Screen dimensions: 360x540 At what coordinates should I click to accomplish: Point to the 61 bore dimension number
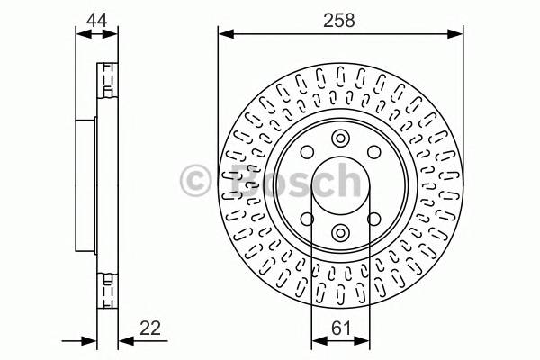click(x=340, y=329)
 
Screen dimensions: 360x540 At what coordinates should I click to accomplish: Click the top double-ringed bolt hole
click(x=340, y=139)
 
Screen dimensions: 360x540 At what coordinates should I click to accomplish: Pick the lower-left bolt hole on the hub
click(x=307, y=220)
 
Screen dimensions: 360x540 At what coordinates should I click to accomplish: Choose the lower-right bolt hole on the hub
click(x=374, y=220)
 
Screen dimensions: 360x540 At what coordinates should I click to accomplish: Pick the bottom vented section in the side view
click(x=106, y=290)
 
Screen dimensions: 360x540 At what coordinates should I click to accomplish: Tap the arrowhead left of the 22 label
click(x=123, y=341)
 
